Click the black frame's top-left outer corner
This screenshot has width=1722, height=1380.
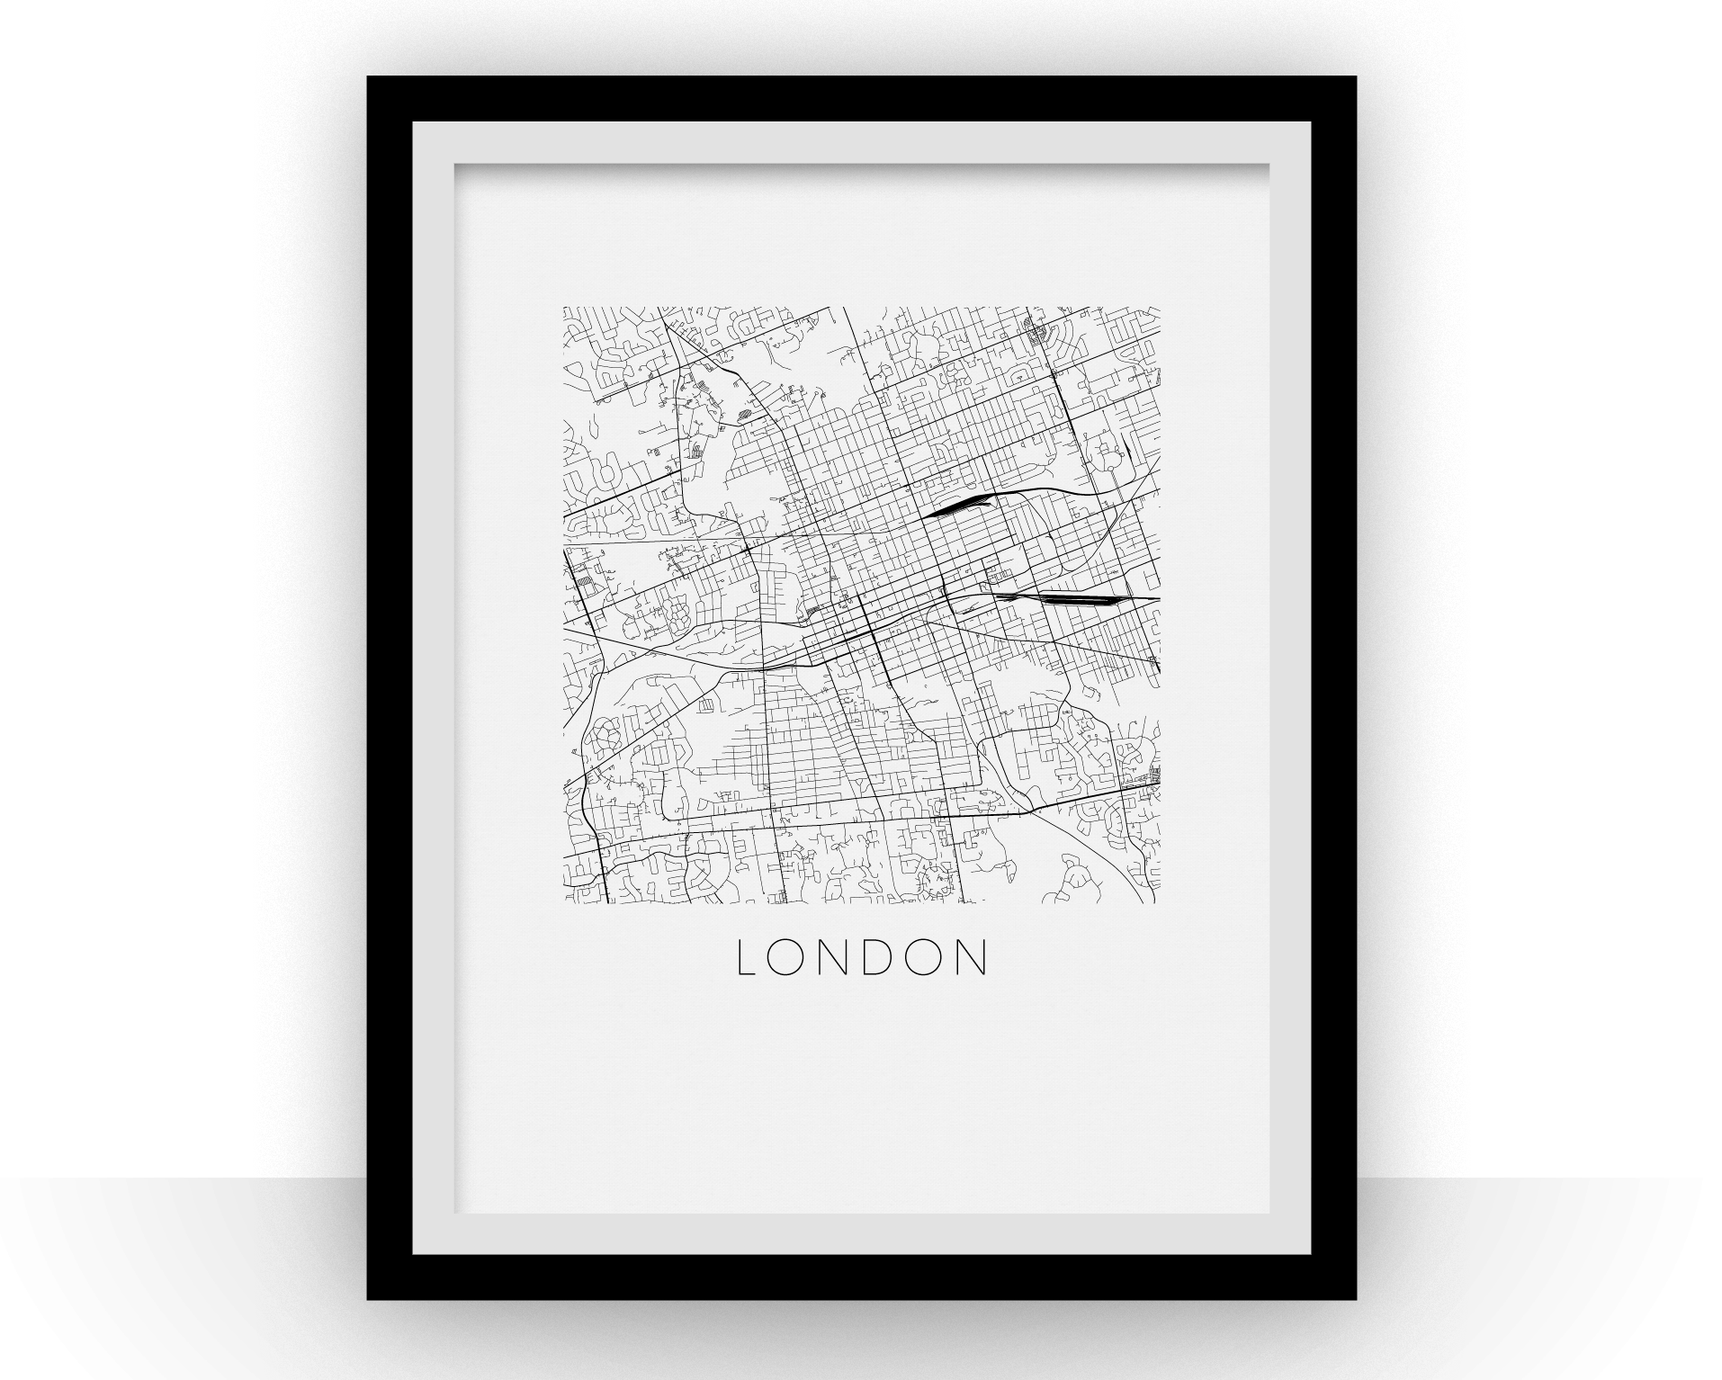368,77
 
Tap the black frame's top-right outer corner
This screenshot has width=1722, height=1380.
1356,77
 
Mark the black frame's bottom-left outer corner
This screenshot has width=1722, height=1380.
368,1299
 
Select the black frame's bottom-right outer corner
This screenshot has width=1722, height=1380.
1356,1299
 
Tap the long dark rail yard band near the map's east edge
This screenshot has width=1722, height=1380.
1062,595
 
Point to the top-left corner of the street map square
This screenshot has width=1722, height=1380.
564,308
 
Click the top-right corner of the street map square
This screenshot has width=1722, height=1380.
1160,308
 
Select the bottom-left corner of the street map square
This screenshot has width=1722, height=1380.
564,903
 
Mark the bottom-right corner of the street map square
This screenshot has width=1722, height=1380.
1160,903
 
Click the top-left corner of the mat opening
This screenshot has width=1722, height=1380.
454,164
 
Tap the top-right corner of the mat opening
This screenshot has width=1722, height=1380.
1269,164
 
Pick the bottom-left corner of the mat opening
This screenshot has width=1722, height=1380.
454,1214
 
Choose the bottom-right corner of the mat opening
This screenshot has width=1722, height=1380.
1269,1214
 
